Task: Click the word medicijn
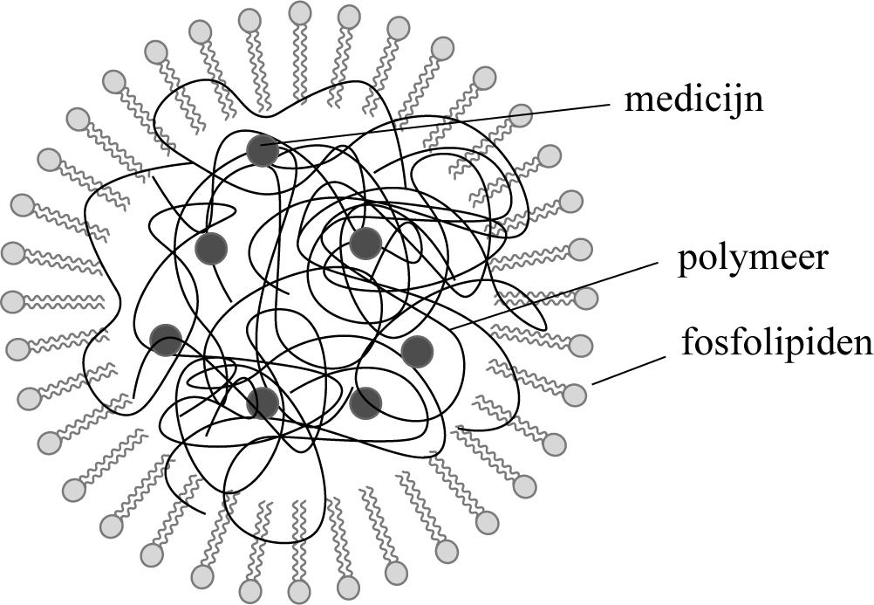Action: pyautogui.click(x=693, y=100)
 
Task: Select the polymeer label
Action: pyautogui.click(x=751, y=261)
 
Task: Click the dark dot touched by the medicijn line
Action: pyautogui.click(x=262, y=150)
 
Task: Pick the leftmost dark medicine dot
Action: pyautogui.click(x=165, y=340)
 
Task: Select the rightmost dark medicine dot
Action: pyautogui.click(x=418, y=351)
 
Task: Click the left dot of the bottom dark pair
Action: pyautogui.click(x=263, y=402)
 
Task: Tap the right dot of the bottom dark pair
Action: pyautogui.click(x=365, y=402)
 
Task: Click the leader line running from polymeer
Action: pyautogui.click(x=558, y=292)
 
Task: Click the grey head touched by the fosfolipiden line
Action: pyautogui.click(x=574, y=395)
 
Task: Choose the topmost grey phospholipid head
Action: pyautogui.click(x=300, y=11)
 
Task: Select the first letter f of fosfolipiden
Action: pyautogui.click(x=688, y=341)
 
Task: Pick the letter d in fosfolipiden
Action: pyautogui.click(x=823, y=341)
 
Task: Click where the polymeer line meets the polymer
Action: pyautogui.click(x=454, y=327)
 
